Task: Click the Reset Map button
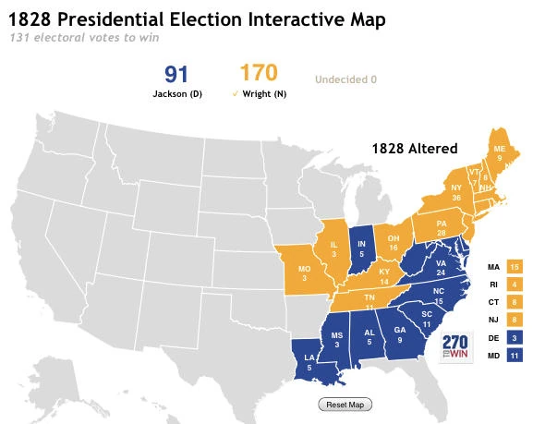click(x=344, y=405)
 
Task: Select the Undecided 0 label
click(x=346, y=79)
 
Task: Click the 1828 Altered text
click(x=414, y=148)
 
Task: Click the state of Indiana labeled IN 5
click(x=363, y=243)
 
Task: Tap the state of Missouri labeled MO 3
click(x=303, y=273)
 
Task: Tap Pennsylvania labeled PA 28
click(x=440, y=228)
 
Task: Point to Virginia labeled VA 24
click(x=440, y=269)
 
